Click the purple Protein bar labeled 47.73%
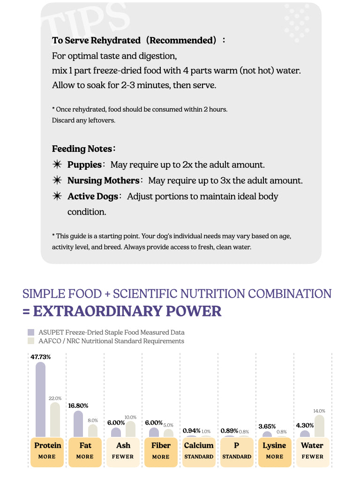pos(40,399)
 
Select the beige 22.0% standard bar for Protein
pos(55,420)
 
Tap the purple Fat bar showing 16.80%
pos(78,424)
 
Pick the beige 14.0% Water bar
pos(319,426)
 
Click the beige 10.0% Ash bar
pos(130,429)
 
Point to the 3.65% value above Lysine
pos(267,426)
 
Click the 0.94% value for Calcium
pos(191,430)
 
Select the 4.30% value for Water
pos(305,425)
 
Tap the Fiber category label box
pos(161,451)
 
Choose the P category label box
pos(237,451)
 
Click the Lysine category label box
pos(275,451)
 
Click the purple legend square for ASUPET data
pos(31,332)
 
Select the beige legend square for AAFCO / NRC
pos(31,341)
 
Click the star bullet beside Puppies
pos(57,165)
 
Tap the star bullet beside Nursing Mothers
pos(57,180)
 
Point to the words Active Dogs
pos(92,196)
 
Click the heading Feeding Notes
pos(82,149)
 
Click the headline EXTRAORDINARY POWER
pos(127,311)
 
